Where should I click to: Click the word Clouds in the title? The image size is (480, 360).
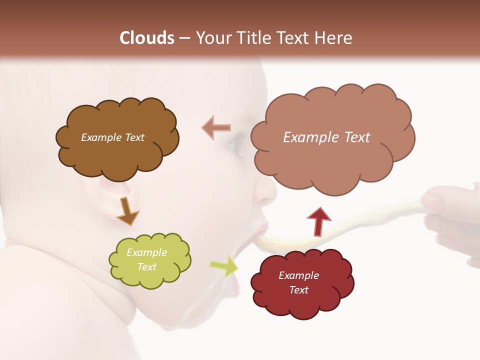pyautogui.click(x=147, y=38)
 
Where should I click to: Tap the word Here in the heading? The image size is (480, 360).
pyautogui.click(x=333, y=38)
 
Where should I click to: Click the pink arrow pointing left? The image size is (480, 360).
pyautogui.click(x=216, y=128)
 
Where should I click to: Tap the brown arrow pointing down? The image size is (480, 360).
pyautogui.click(x=127, y=210)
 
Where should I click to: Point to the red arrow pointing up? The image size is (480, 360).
pyautogui.click(x=319, y=221)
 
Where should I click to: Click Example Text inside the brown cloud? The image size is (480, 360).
pyautogui.click(x=112, y=137)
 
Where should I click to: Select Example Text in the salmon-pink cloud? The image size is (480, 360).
pyautogui.click(x=326, y=137)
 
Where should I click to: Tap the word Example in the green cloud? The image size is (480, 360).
pyautogui.click(x=146, y=252)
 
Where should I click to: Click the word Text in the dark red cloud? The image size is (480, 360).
pyautogui.click(x=298, y=290)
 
